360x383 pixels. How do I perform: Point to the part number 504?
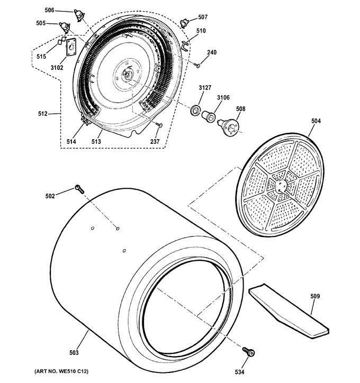click(x=316, y=121)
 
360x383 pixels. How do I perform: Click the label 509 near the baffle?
click(x=314, y=297)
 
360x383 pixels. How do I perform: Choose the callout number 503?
click(x=74, y=352)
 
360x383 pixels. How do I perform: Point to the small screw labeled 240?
click(x=197, y=65)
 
